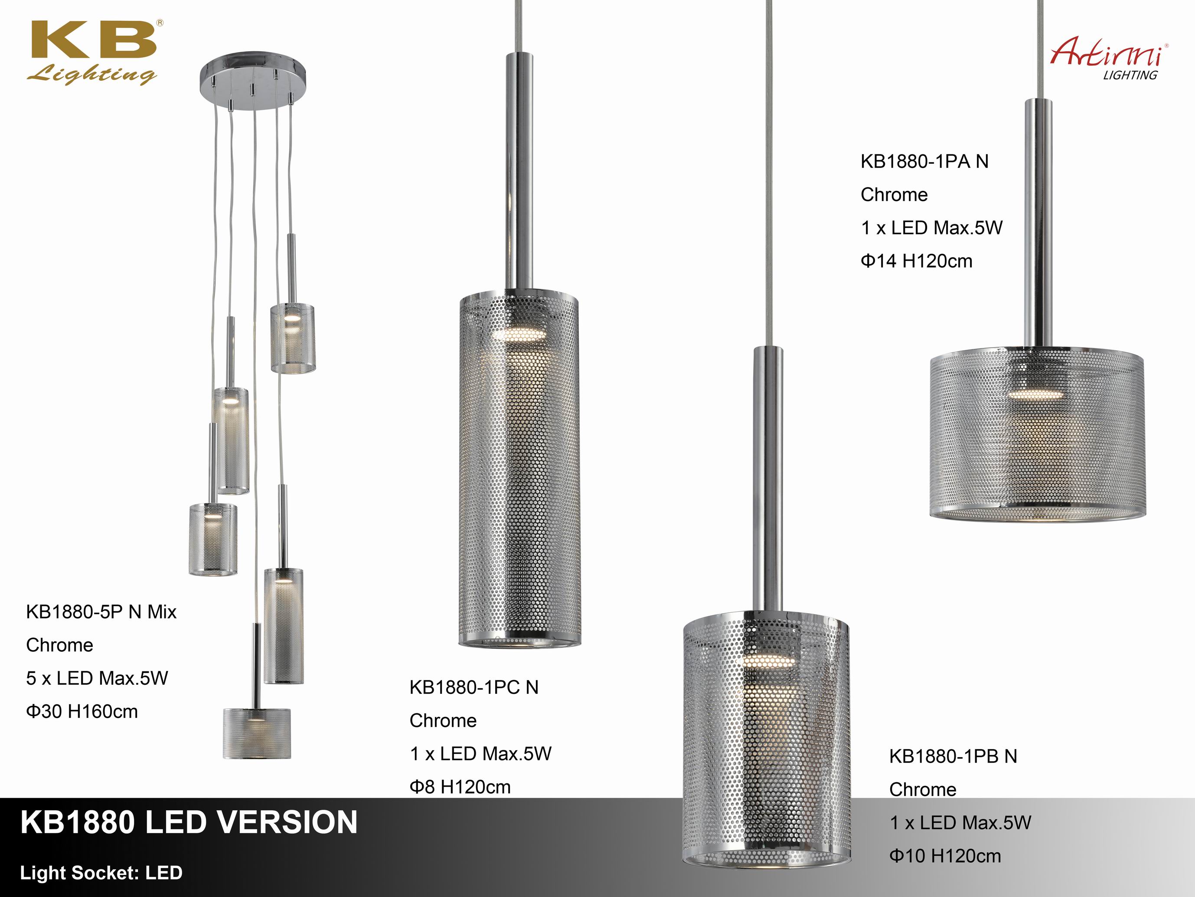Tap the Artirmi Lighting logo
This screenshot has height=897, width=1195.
click(x=1109, y=61)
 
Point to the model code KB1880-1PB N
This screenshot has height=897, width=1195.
click(x=953, y=756)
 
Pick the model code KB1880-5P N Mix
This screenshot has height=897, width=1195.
click(x=101, y=611)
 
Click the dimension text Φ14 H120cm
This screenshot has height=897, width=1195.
click(x=916, y=261)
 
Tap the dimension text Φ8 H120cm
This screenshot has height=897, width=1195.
click(x=460, y=787)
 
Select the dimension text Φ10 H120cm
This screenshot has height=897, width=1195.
click(x=945, y=856)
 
